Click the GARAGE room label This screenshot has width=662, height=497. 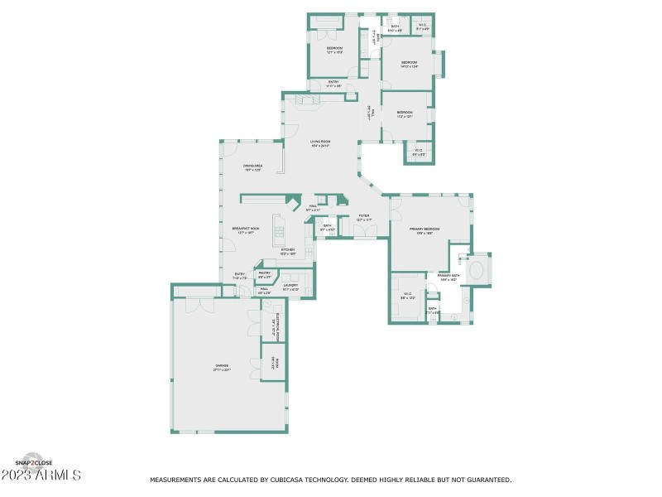coord(223,366)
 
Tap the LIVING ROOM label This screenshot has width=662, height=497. coord(320,143)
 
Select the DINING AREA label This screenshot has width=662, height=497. coord(252,167)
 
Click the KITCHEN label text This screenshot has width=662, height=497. coord(288,250)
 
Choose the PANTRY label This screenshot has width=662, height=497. coord(265,274)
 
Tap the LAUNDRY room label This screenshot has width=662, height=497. coord(290,287)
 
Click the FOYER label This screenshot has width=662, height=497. coord(363,217)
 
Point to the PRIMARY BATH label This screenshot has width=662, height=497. coord(449,277)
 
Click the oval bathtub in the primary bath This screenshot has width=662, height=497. coord(478,270)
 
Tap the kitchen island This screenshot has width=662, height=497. coord(279,231)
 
